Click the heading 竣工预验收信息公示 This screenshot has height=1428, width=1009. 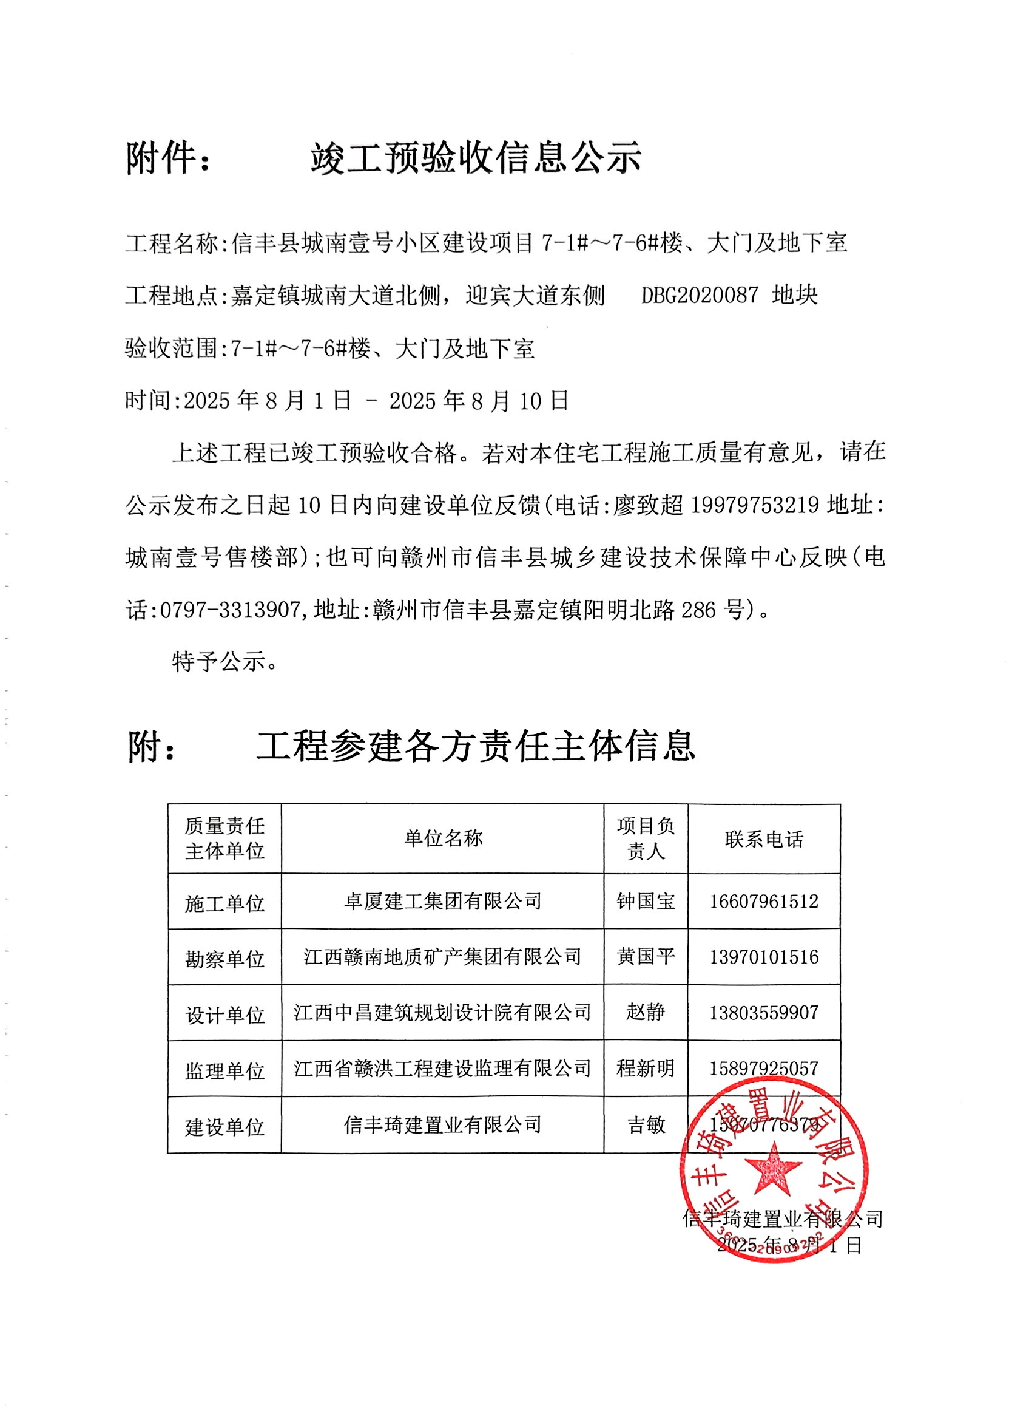[476, 158]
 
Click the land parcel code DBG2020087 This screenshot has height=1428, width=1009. [700, 295]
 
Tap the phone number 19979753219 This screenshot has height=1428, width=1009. [754, 505]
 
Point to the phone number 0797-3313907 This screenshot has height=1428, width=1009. [230, 610]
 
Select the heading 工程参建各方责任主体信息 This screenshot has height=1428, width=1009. [475, 746]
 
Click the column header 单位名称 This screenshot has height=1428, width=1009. [443, 838]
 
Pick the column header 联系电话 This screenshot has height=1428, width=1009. [763, 839]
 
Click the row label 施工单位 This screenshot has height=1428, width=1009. [224, 903]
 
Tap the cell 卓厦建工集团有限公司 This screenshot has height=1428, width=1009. [443, 901]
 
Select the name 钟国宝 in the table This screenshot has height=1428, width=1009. [646, 901]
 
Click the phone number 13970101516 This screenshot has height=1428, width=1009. [763, 957]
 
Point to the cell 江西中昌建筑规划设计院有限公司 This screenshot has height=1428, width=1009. [443, 1013]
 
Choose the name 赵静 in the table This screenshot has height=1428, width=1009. [646, 1013]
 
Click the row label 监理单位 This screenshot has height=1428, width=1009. [224, 1070]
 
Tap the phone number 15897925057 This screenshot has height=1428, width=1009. [763, 1069]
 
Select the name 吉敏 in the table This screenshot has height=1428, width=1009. [646, 1124]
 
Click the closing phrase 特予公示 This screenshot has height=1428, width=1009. [220, 661]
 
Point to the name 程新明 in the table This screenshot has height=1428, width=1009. [646, 1069]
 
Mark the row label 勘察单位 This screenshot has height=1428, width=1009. [224, 959]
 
